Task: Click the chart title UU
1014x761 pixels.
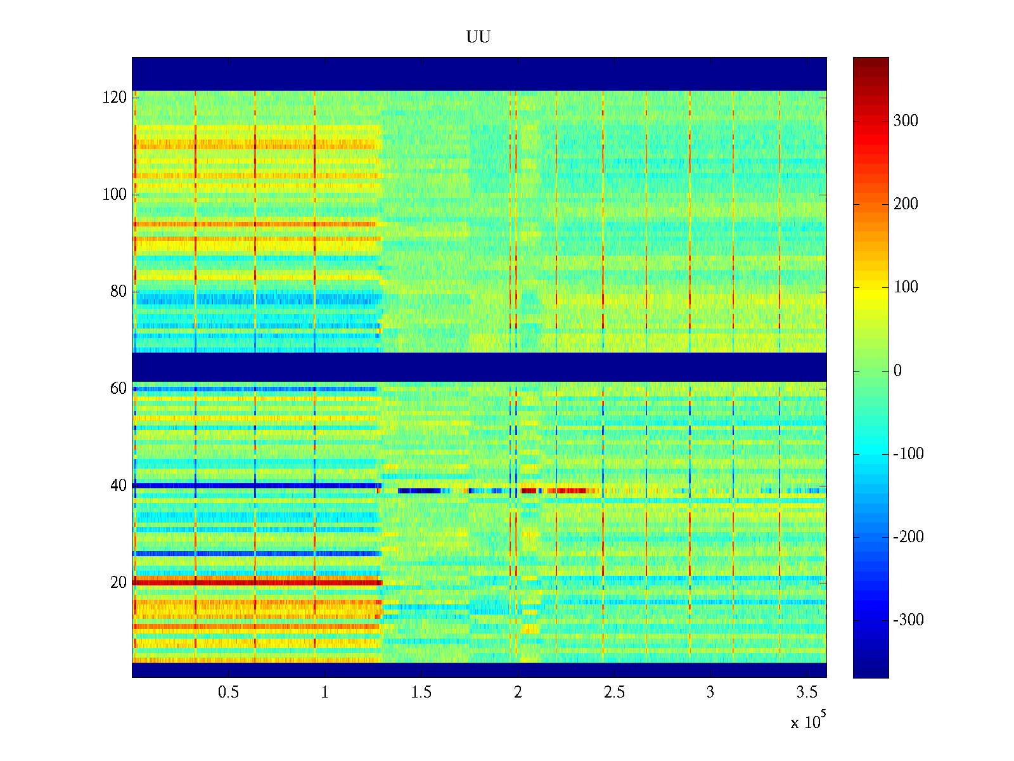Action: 478,37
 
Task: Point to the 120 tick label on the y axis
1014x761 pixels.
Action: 115,98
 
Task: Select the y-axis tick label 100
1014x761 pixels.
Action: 115,195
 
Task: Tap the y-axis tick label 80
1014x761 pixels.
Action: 119,292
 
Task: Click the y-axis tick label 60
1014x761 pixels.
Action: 119,389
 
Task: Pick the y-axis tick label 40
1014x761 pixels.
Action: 119,486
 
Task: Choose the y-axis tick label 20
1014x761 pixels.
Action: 119,583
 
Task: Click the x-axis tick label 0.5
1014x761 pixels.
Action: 229,693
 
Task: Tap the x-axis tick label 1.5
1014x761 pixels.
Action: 421,693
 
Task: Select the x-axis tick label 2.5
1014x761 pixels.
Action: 614,693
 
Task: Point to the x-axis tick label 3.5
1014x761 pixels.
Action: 807,693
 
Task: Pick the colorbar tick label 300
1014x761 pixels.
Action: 906,121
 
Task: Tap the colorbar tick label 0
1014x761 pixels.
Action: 897,371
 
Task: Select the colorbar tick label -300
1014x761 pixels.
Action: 908,620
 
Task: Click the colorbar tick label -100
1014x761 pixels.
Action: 908,454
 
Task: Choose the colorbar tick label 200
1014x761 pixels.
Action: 906,204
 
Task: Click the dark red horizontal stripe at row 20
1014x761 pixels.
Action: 253,582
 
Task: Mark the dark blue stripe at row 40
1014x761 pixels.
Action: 253,486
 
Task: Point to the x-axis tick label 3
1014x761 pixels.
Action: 710,693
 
